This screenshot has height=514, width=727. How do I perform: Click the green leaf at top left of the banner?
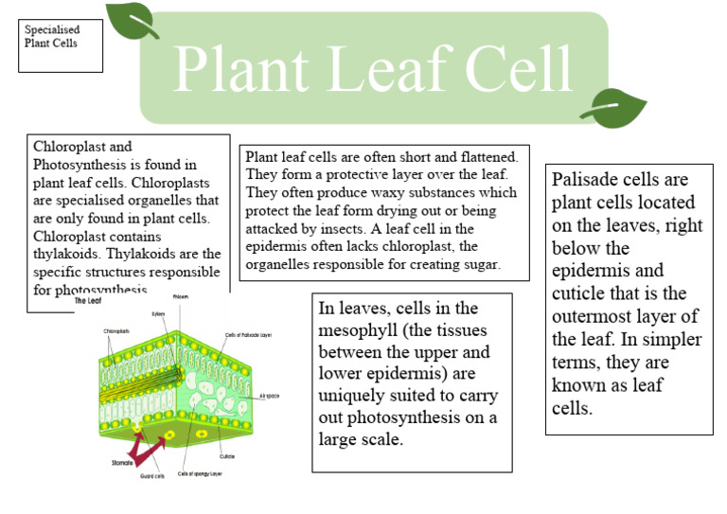(132, 21)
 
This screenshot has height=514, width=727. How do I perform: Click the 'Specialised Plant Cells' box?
(61, 44)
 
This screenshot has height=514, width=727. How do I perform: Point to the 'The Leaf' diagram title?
(88, 302)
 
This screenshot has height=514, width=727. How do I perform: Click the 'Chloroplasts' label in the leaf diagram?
(117, 330)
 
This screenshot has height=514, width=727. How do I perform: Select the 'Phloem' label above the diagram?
(180, 297)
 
